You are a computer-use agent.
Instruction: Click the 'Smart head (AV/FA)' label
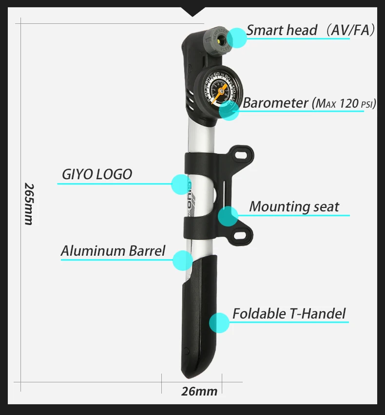[x=310, y=30]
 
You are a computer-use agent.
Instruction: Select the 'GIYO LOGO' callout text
[x=97, y=174]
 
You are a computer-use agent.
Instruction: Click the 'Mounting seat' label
[x=294, y=207]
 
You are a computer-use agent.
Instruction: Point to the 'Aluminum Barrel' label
[x=113, y=251]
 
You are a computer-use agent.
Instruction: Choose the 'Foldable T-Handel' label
[x=289, y=313]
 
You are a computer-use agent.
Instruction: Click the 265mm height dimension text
[x=29, y=204]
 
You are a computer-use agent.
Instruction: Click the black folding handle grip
[x=201, y=317]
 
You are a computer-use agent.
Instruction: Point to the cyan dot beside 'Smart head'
[x=237, y=38]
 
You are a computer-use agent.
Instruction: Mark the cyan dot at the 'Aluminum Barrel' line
[x=183, y=261]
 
